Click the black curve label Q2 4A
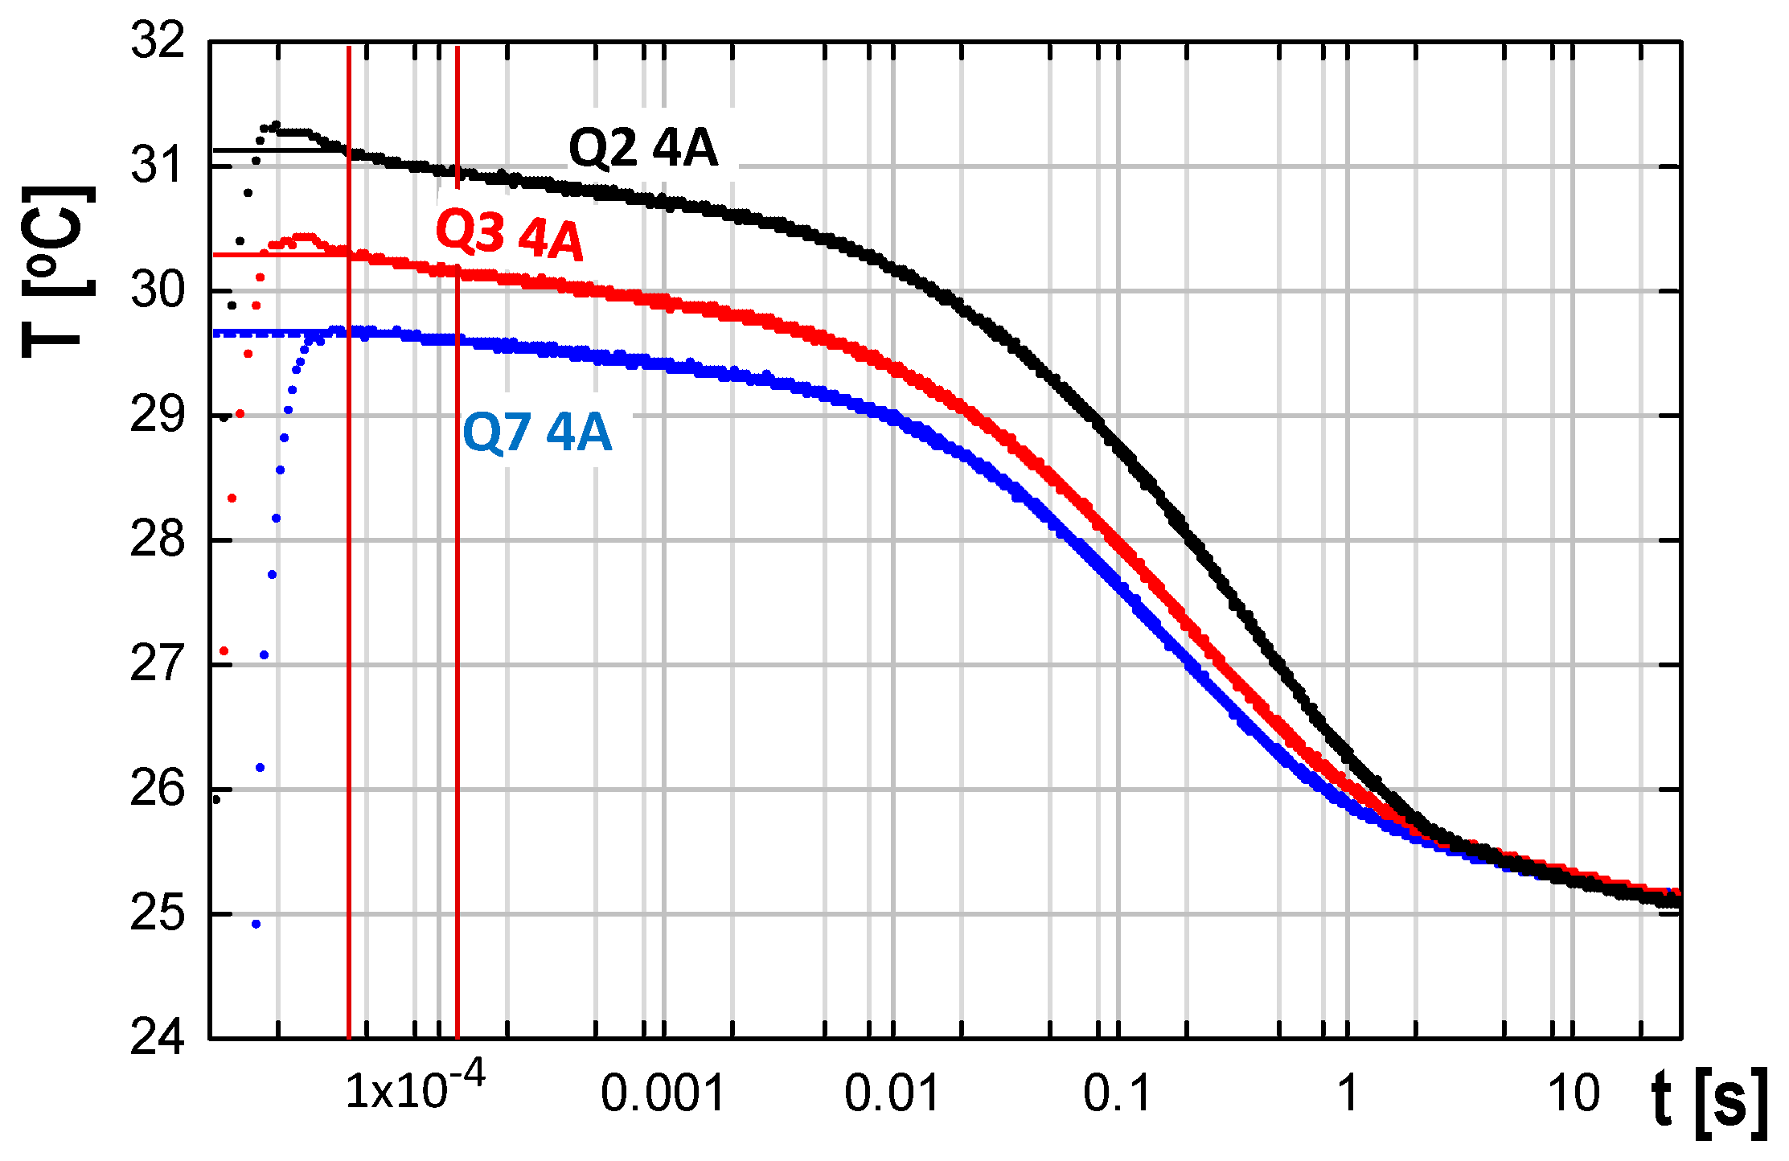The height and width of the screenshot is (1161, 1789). (642, 149)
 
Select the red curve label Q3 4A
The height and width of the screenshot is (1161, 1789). (509, 234)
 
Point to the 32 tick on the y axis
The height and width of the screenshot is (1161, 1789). (158, 40)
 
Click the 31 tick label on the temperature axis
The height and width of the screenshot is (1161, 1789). (158, 166)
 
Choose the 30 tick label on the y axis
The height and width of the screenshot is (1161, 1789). (158, 290)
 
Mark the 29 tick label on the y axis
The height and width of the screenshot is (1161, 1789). (158, 416)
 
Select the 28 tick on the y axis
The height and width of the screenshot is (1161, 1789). (158, 540)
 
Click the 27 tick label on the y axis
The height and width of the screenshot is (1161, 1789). (158, 665)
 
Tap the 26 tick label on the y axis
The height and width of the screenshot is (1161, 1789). (158, 790)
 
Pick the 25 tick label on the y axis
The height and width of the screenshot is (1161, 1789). (158, 914)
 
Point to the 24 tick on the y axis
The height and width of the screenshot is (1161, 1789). (158, 1039)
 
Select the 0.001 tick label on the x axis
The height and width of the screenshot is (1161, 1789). (663, 1094)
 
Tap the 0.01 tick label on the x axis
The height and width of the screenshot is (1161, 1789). (892, 1094)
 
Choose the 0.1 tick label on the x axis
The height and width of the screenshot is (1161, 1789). (1118, 1094)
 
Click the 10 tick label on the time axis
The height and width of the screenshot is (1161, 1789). (1574, 1094)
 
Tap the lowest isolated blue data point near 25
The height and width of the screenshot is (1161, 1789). (256, 924)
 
